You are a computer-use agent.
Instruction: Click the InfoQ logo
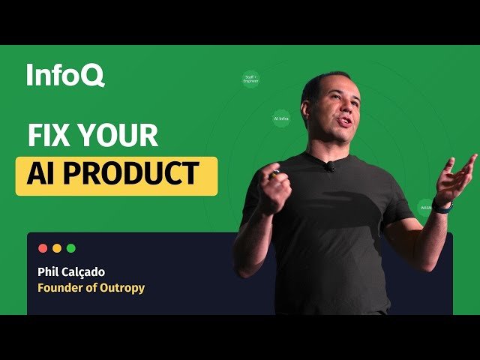point(65,75)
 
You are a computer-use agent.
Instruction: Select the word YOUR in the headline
point(118,136)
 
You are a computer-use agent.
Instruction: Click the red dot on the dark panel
point(43,247)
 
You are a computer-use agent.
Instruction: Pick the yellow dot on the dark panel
point(57,247)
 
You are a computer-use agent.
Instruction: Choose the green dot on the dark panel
point(71,247)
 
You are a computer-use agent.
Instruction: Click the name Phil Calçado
point(74,271)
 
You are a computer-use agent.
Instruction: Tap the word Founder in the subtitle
point(61,287)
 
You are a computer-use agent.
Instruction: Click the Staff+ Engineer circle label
point(251,79)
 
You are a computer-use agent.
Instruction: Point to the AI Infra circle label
point(281,118)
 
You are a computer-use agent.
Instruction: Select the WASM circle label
point(426,207)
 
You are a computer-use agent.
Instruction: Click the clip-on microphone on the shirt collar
point(329,166)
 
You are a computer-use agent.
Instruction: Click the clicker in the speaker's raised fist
point(275,175)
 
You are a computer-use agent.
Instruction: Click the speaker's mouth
point(343,122)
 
